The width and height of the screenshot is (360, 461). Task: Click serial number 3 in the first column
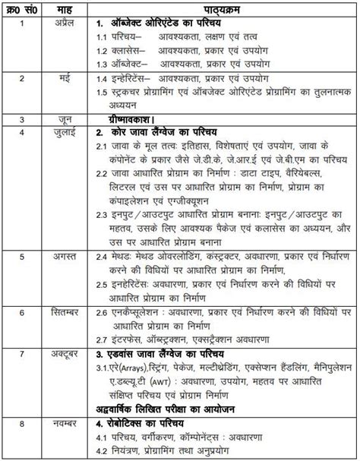coord(24,119)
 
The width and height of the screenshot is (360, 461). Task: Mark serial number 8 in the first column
coord(24,422)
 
